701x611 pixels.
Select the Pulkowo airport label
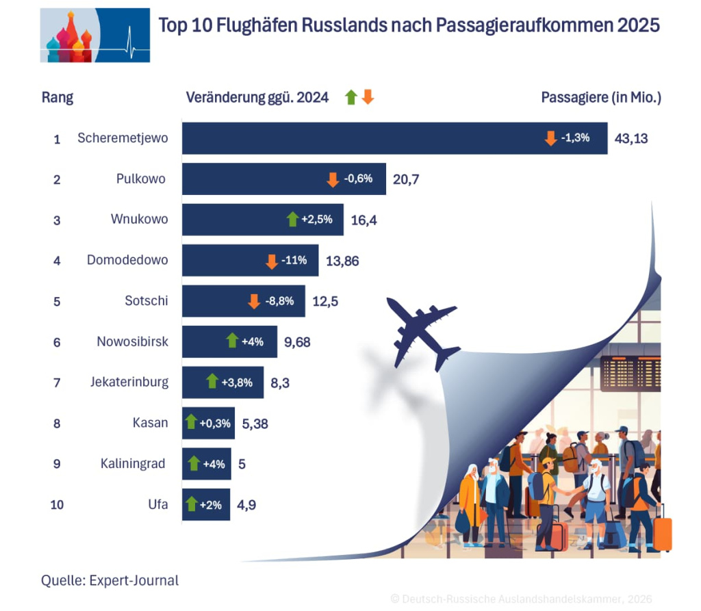140,179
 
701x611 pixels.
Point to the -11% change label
294,261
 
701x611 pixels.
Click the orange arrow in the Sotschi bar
254,301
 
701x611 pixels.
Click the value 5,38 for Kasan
255,424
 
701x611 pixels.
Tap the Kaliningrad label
133,464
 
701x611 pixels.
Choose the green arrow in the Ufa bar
192,504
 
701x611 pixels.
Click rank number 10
57,505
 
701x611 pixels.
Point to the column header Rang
58,98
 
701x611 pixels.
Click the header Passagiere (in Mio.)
601,98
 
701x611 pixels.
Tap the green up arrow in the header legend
351,97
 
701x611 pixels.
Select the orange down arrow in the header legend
368,97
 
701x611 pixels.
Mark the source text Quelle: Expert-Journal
110,581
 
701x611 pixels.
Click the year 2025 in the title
638,25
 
